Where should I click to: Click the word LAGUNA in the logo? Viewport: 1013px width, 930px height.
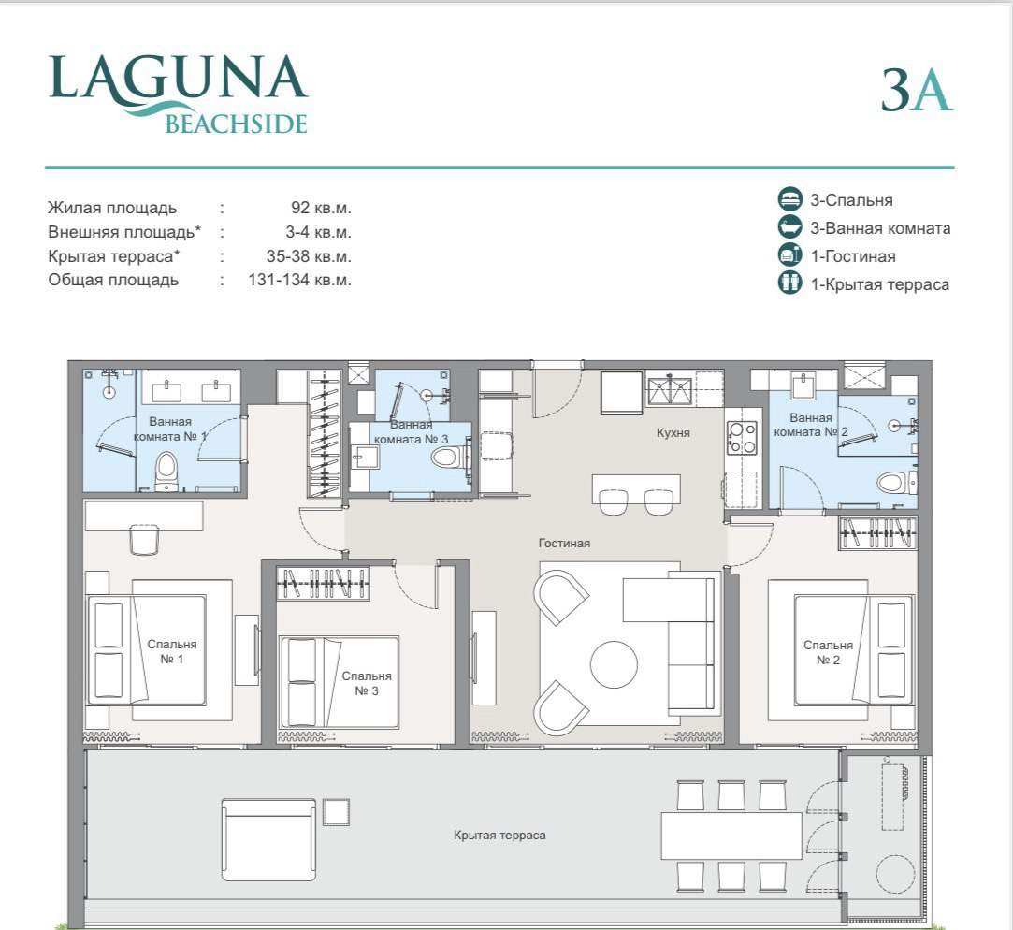(178, 79)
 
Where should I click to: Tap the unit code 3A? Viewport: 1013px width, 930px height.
(916, 90)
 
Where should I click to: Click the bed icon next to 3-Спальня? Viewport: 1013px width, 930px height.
(790, 199)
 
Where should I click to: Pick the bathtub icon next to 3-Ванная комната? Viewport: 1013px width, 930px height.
(790, 227)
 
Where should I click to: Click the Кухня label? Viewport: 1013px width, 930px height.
(673, 433)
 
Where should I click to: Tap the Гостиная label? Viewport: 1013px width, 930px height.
(564, 543)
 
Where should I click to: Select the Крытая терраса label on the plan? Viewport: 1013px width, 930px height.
(499, 835)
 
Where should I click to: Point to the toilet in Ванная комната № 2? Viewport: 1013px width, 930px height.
(892, 482)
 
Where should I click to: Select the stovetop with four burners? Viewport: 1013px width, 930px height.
(743, 439)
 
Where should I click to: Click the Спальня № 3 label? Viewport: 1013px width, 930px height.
(367, 683)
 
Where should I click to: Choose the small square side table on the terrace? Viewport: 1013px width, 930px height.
(335, 811)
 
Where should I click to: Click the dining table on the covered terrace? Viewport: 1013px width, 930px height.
(731, 835)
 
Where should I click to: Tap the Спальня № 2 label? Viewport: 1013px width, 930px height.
(828, 652)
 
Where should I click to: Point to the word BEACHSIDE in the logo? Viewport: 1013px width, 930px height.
(236, 124)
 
